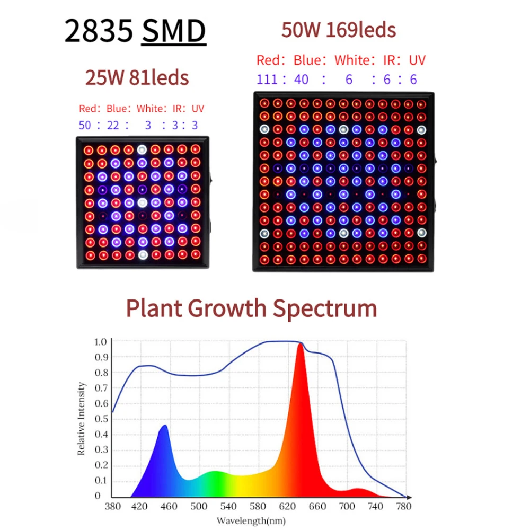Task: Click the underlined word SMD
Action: point(173,31)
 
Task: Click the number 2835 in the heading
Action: point(99,31)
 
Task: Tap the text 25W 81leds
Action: point(137,78)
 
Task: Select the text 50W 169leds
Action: point(338,30)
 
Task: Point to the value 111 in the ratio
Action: point(267,79)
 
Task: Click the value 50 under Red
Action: point(85,125)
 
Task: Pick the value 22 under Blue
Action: point(114,125)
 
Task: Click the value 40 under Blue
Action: point(301,79)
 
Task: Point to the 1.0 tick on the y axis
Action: point(101,342)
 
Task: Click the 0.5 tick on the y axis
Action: point(101,419)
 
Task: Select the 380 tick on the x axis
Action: point(112,507)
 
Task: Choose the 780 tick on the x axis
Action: point(405,507)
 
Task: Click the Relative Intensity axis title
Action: point(82,419)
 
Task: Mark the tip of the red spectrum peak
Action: point(301,344)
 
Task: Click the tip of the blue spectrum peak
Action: point(164,425)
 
